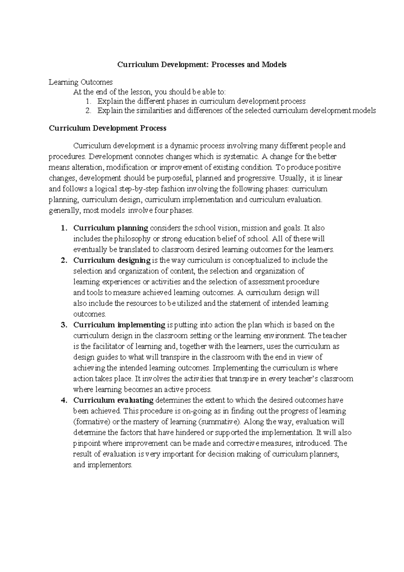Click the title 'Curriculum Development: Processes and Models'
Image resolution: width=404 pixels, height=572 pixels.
202,64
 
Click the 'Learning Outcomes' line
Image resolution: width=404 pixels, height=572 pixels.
80,82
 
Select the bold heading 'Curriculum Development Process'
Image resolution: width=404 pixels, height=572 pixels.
107,128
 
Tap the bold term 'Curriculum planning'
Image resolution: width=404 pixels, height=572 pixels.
110,228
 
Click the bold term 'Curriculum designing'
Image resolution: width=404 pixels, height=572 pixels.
112,260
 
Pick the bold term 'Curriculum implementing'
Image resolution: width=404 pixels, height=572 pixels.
119,325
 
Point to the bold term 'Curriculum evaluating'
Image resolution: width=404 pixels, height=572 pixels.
113,400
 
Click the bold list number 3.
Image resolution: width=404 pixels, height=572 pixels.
63,325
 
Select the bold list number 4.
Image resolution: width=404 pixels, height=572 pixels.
63,400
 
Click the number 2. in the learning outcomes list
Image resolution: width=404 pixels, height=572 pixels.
88,111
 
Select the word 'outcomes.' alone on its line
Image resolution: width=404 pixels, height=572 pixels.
90,314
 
